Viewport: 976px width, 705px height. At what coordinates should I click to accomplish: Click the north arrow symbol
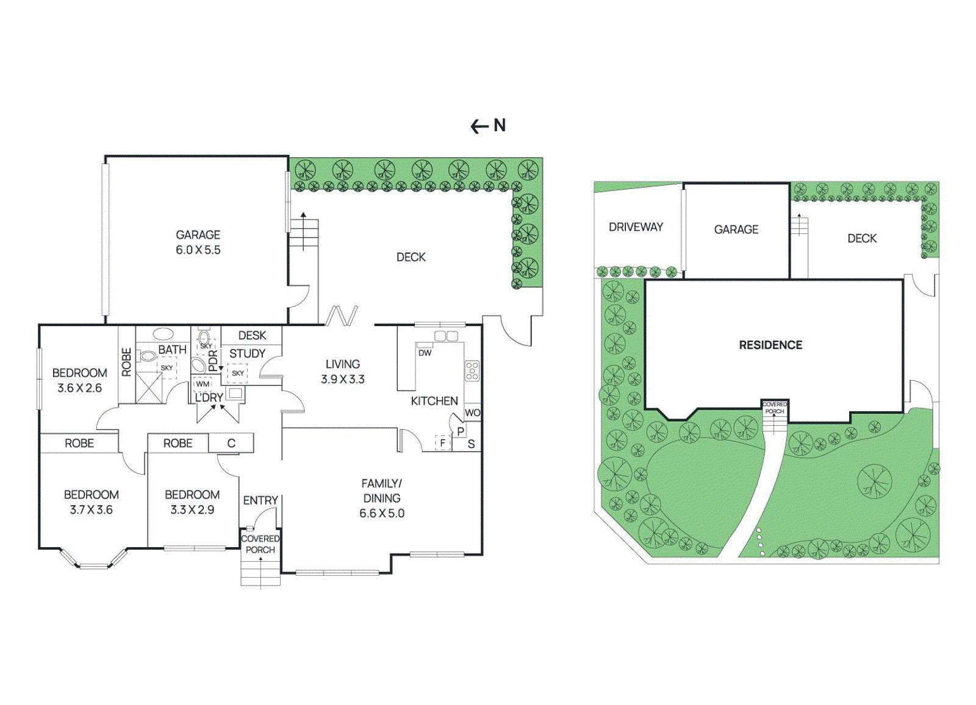479,126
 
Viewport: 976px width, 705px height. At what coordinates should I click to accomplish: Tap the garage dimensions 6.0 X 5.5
198,250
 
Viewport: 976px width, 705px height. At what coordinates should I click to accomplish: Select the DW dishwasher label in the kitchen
425,353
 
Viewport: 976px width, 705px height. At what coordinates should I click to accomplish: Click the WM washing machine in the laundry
203,384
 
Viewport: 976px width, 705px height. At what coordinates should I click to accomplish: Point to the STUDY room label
247,353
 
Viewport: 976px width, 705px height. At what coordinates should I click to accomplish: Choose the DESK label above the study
252,335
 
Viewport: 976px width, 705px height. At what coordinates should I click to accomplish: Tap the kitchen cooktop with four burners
472,370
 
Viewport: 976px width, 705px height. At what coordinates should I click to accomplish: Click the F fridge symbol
442,442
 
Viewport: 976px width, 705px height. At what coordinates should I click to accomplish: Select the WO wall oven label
472,413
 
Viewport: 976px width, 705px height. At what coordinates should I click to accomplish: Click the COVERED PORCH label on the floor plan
260,544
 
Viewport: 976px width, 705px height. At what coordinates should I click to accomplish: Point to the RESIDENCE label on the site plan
770,345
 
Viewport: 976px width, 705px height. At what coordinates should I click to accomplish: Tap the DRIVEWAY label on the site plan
636,227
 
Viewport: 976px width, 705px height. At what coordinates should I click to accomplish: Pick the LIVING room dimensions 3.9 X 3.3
343,379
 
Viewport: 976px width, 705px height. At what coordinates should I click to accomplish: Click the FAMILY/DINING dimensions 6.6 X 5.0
382,513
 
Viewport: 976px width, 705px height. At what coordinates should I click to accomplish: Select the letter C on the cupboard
231,443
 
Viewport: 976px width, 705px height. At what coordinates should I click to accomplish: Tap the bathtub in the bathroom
163,333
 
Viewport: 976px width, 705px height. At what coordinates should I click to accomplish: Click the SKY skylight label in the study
238,373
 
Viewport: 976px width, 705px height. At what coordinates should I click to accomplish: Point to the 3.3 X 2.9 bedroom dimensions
192,509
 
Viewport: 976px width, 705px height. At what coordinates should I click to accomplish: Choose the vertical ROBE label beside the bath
126,362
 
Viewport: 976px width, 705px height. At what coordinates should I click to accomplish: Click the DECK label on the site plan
862,238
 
